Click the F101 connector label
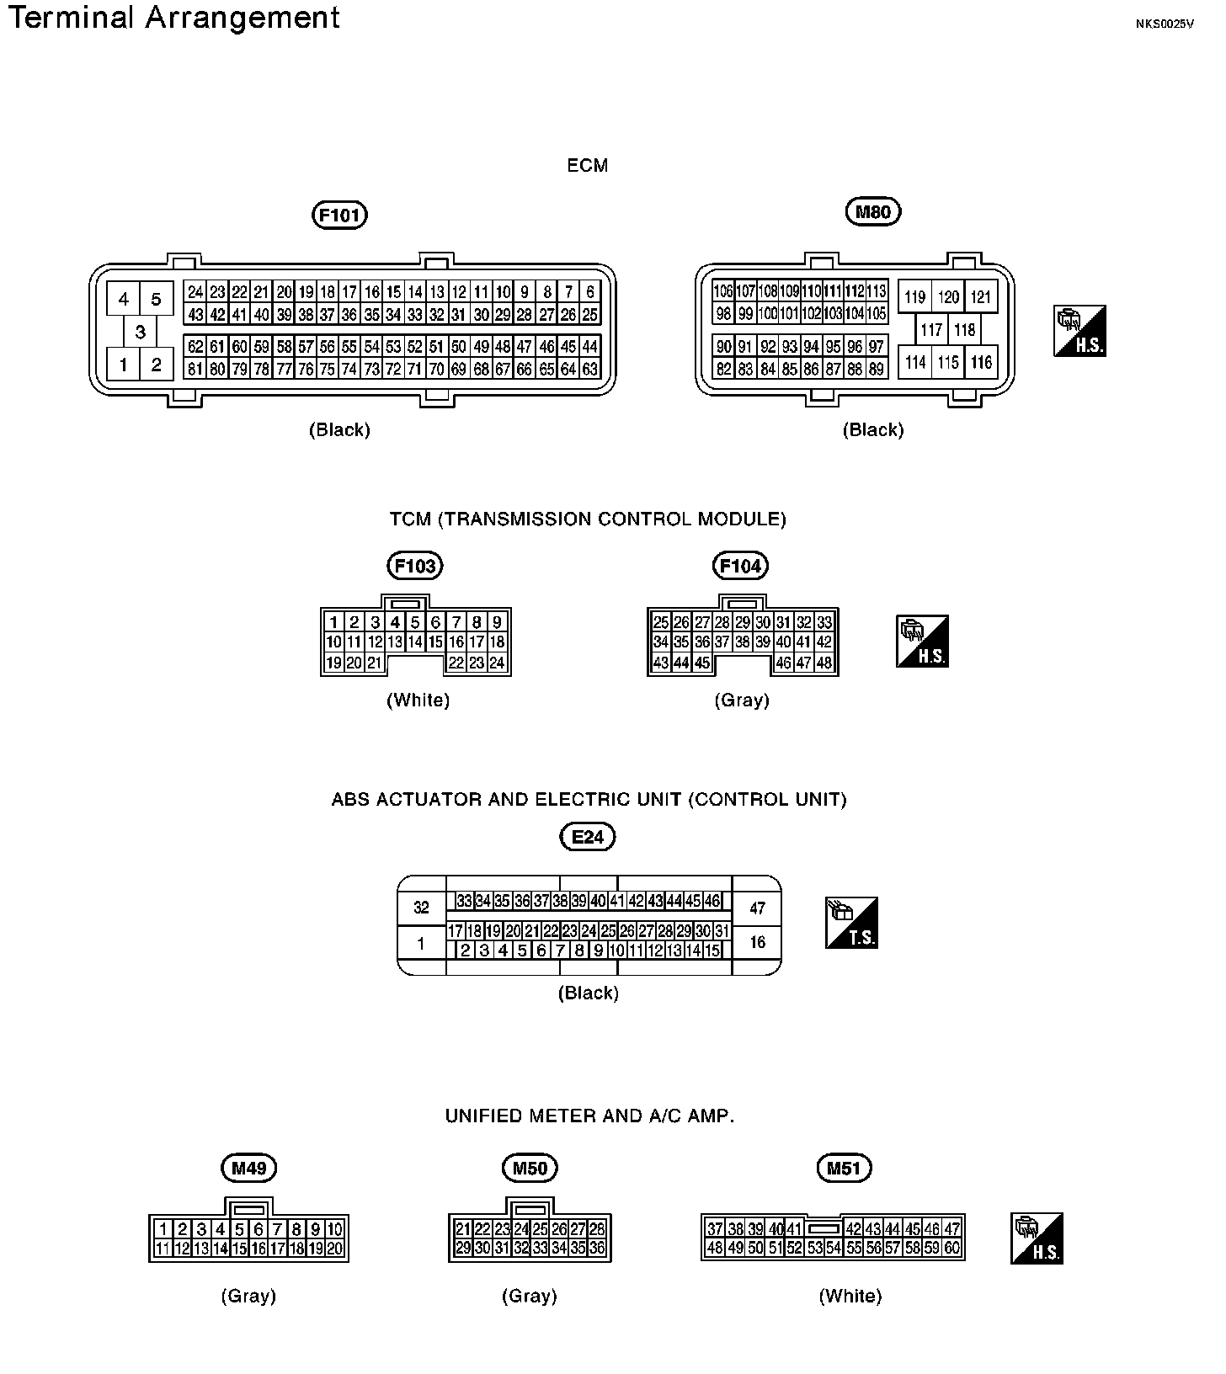340,216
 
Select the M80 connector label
872,212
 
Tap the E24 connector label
588,837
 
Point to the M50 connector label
530,1168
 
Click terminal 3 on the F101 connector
140,332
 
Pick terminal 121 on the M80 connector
981,296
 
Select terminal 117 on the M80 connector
931,330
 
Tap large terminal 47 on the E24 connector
757,908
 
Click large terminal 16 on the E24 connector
757,942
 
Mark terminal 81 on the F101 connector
195,369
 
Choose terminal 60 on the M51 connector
951,1249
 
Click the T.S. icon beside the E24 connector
851,923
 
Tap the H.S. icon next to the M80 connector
1079,331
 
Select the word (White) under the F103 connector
418,700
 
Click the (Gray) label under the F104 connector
741,700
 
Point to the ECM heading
588,166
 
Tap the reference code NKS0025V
1165,24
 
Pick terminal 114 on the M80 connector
915,363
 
